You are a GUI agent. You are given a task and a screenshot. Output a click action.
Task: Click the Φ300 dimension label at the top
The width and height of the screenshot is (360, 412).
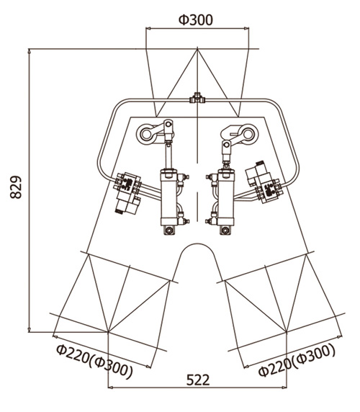click(x=196, y=20)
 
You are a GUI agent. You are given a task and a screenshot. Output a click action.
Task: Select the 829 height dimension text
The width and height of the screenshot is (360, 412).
click(x=16, y=187)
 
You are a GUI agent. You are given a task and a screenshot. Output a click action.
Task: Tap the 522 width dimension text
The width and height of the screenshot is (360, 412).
click(x=198, y=380)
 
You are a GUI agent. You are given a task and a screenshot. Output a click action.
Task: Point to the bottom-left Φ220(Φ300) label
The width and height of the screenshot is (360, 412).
click(x=94, y=362)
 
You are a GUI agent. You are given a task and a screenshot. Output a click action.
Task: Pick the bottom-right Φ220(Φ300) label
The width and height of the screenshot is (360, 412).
click(x=297, y=360)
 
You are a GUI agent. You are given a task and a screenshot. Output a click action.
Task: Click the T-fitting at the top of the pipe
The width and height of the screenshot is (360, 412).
click(x=197, y=99)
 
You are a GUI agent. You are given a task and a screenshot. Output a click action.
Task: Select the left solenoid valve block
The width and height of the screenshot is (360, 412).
click(x=127, y=192)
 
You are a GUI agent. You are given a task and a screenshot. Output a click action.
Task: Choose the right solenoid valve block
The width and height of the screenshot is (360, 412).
click(x=265, y=182)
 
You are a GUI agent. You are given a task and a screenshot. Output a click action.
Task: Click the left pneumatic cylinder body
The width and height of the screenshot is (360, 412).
click(x=169, y=198)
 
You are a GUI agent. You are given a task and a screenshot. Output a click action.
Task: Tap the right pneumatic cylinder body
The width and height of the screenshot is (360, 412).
click(x=226, y=198)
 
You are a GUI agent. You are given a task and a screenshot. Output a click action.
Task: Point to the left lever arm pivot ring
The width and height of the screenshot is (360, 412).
click(x=146, y=134)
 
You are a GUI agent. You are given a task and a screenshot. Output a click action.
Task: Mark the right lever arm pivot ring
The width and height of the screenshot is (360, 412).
click(x=248, y=134)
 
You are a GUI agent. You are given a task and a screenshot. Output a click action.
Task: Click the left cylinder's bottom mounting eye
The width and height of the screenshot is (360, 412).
click(x=169, y=230)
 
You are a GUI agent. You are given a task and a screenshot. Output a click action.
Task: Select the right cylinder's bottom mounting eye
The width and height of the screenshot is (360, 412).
click(x=225, y=230)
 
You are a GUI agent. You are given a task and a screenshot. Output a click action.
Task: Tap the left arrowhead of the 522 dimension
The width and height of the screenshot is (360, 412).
click(x=111, y=387)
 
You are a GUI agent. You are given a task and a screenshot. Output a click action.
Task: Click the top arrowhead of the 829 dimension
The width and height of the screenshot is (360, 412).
click(x=29, y=51)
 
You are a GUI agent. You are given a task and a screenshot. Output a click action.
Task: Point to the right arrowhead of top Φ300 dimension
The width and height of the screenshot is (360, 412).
click(x=246, y=28)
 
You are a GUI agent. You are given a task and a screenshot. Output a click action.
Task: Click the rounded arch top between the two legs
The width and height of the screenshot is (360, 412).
click(x=197, y=244)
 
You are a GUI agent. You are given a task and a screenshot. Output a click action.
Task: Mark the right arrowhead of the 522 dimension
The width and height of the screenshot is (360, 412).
click(x=284, y=387)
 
